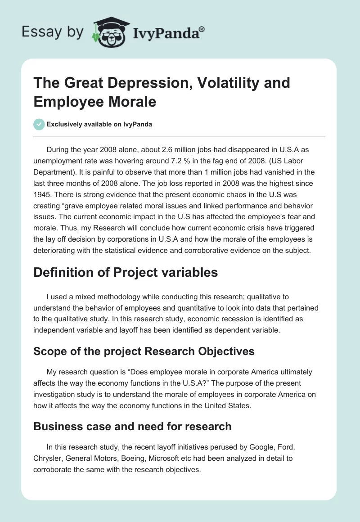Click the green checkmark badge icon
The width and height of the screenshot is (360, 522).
(x=39, y=124)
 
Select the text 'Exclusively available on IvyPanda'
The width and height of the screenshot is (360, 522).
(x=99, y=125)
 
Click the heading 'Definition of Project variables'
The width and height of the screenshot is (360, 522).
(x=126, y=273)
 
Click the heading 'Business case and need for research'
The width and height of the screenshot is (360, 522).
(x=132, y=426)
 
